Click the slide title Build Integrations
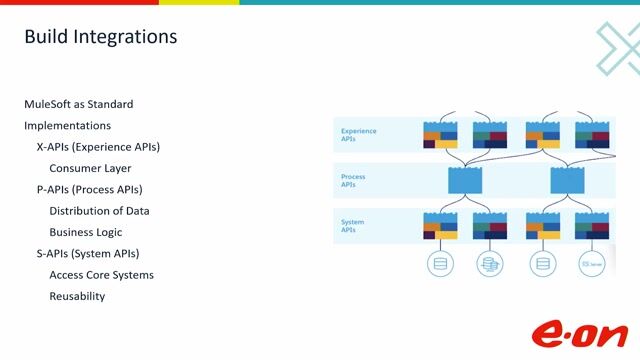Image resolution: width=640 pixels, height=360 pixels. (x=100, y=37)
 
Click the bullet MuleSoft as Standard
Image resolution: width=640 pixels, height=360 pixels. (x=79, y=104)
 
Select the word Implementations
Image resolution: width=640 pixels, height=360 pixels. (x=67, y=126)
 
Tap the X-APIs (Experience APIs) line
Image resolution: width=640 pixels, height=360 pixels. (x=98, y=147)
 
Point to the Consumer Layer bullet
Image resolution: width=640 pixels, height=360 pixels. (x=90, y=168)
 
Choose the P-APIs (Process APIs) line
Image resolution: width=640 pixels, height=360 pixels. (x=89, y=189)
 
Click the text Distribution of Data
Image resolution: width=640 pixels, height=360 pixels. (x=99, y=211)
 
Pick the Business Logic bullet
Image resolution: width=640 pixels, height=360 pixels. (x=86, y=232)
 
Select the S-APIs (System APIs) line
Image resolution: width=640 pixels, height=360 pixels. (x=87, y=253)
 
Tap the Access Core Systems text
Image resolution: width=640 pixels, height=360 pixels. (x=101, y=275)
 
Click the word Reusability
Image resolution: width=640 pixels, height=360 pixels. (x=77, y=296)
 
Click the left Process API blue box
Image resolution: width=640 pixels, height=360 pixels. (x=465, y=181)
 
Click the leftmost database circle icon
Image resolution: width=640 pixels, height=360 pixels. (x=439, y=264)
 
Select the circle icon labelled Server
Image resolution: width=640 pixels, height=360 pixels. (x=592, y=264)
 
